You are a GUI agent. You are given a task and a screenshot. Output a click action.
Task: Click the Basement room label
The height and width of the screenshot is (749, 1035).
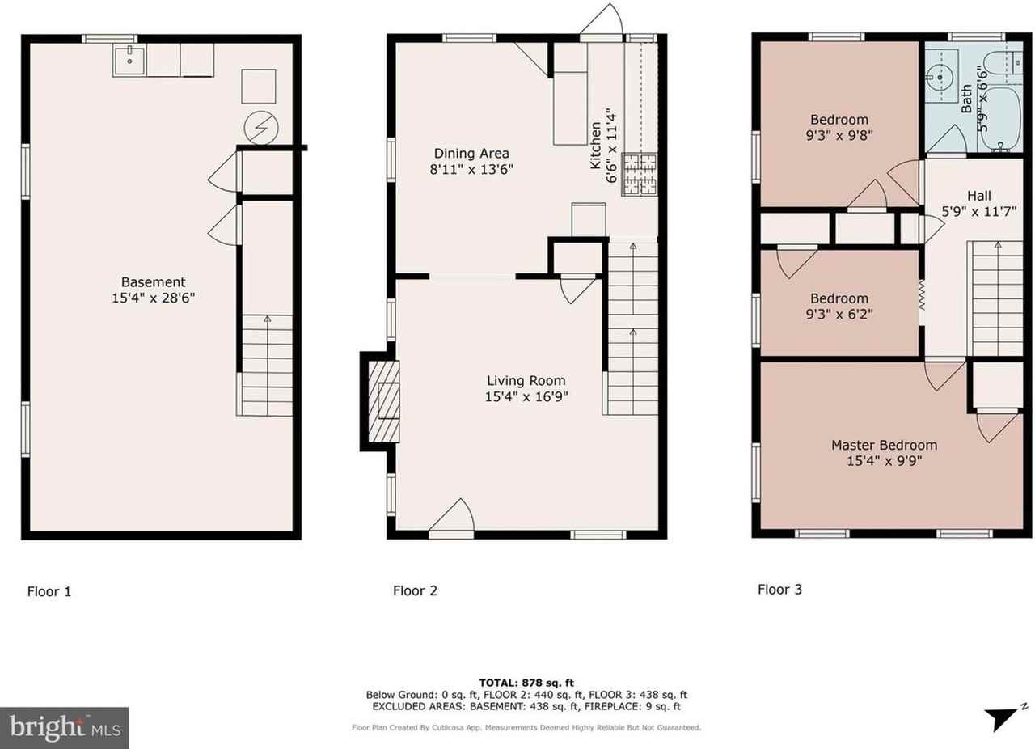click(x=153, y=282)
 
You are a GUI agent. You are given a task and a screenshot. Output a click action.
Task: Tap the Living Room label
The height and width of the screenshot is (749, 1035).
click(x=526, y=381)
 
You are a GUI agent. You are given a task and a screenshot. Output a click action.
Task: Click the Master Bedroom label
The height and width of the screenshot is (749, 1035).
click(x=884, y=445)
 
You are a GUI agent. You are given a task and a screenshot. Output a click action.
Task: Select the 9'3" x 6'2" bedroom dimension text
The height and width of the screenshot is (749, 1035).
click(x=839, y=315)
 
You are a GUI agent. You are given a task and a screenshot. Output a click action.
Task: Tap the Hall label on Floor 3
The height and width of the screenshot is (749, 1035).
click(x=978, y=196)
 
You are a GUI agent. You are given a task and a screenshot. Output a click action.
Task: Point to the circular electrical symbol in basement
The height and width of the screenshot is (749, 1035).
click(x=261, y=127)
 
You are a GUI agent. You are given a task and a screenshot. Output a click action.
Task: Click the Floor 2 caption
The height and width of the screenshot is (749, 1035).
click(x=415, y=590)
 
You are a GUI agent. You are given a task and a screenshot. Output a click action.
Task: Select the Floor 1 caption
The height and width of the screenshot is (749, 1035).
click(x=49, y=591)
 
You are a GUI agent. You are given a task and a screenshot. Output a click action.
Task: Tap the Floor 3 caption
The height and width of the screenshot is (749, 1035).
click(x=779, y=590)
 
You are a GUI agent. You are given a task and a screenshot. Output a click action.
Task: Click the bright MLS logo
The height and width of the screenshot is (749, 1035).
click(x=65, y=728)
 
